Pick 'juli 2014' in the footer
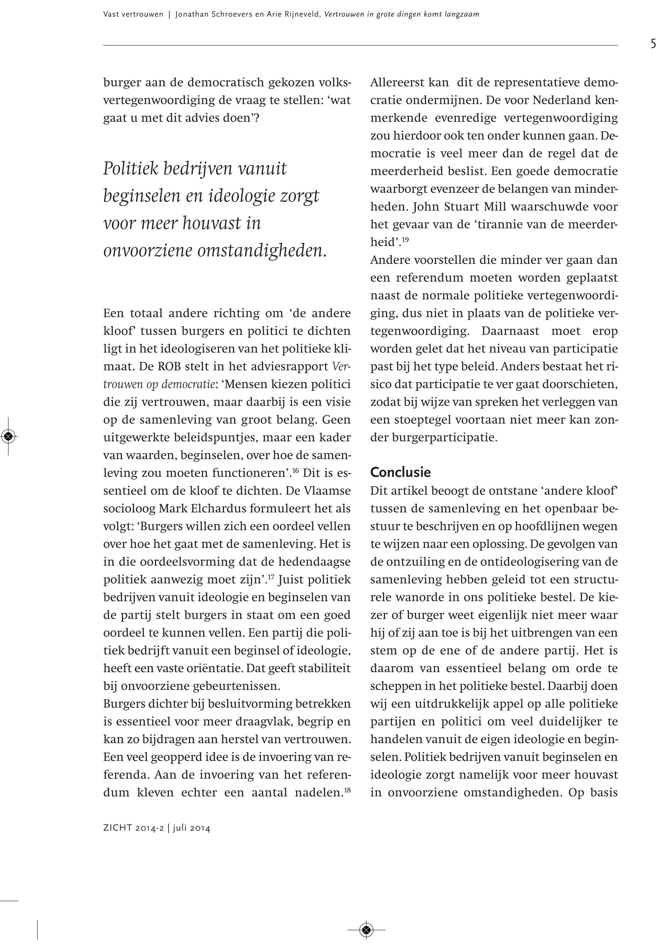192,828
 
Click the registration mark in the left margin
8,436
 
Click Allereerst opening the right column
397,83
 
